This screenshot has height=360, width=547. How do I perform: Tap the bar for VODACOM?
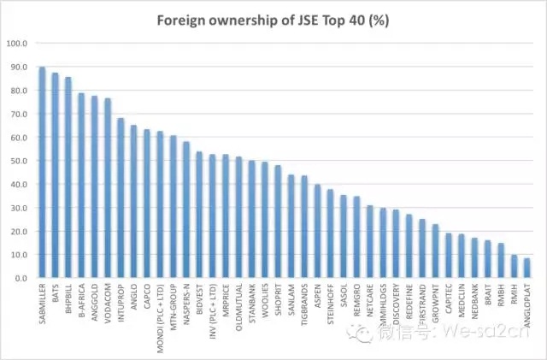point(107,188)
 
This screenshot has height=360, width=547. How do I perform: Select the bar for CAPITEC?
point(447,256)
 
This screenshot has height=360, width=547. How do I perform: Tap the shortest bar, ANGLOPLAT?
point(526,269)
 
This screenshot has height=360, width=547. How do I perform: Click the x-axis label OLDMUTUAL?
point(238,307)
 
